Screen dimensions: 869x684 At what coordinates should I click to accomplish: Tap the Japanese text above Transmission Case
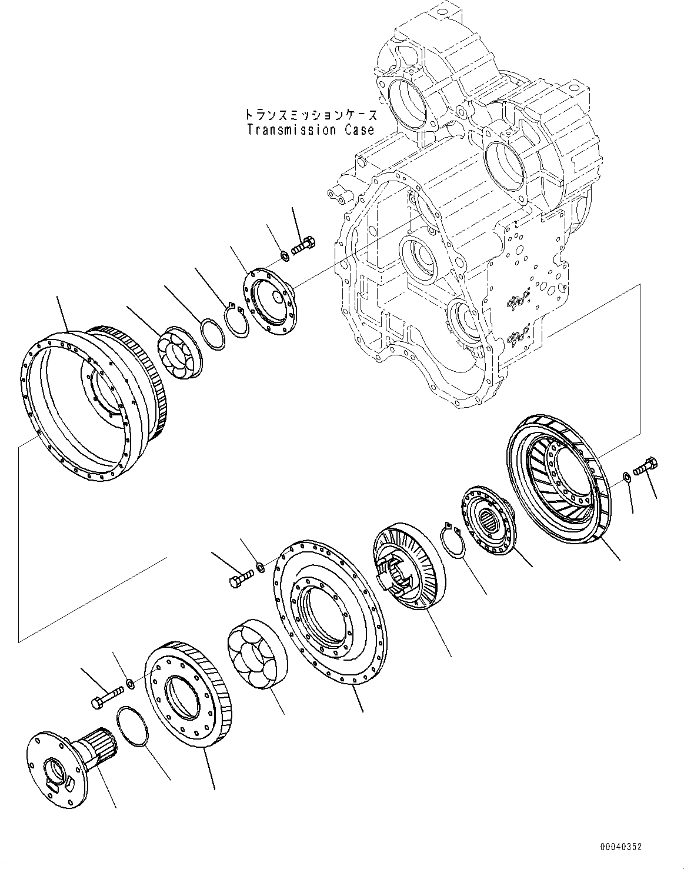pos(311,114)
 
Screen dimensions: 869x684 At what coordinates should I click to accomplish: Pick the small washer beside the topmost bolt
pos(283,255)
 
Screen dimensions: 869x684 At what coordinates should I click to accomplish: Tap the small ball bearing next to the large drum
pos(178,352)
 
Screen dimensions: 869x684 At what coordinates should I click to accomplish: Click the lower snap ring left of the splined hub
pos(453,540)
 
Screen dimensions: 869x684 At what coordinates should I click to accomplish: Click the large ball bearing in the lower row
pos(255,655)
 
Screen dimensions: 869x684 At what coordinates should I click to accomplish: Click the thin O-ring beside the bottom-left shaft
pos(134,727)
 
